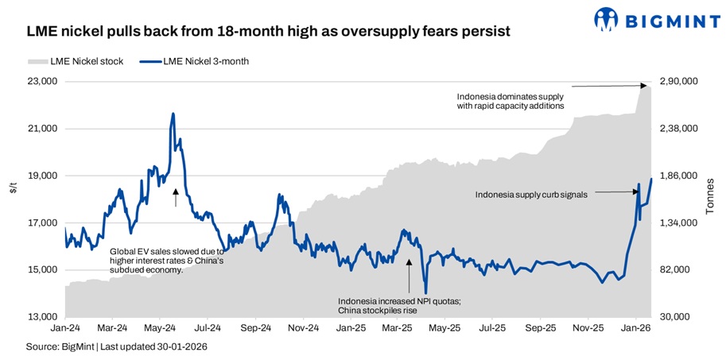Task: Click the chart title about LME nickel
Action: click(268, 33)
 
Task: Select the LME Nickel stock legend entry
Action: click(76, 61)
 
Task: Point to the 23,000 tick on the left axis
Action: click(41, 81)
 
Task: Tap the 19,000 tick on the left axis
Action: click(41, 176)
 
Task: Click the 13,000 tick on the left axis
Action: click(41, 317)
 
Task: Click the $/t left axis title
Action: click(13, 188)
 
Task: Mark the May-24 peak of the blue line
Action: click(173, 114)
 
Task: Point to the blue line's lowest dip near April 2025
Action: click(425, 293)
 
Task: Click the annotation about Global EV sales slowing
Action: click(167, 260)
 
